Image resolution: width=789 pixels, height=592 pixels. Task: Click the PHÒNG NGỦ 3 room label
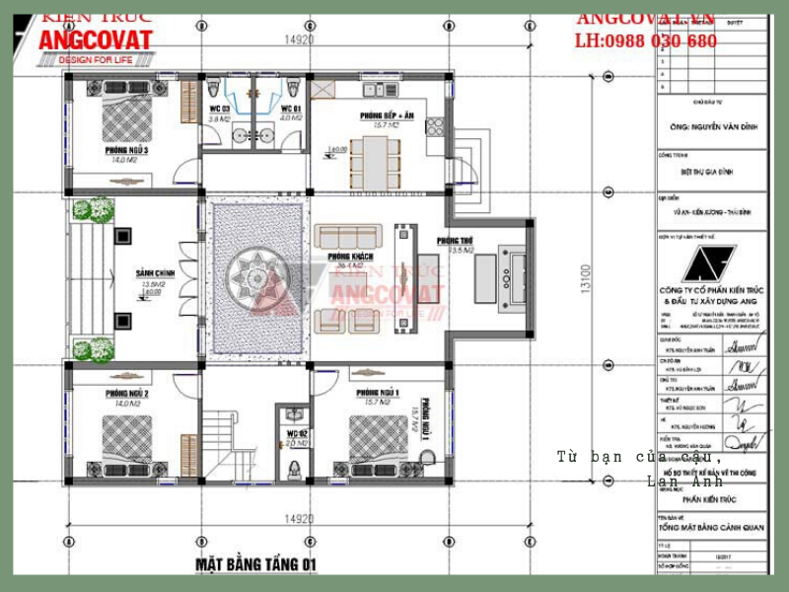coord(126,151)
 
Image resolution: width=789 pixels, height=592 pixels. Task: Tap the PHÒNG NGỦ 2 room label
coord(126,394)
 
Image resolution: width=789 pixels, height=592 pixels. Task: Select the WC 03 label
coord(219,109)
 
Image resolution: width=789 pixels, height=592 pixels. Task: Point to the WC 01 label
coord(289,109)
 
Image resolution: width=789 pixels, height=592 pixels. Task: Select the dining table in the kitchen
coord(376,160)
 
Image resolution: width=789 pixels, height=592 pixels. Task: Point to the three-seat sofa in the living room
coord(348,238)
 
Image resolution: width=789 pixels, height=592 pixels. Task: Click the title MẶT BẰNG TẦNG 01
coord(256,563)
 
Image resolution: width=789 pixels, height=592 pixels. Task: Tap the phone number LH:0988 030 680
coord(646,41)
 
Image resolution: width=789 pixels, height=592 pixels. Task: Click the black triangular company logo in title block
coord(709,264)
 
